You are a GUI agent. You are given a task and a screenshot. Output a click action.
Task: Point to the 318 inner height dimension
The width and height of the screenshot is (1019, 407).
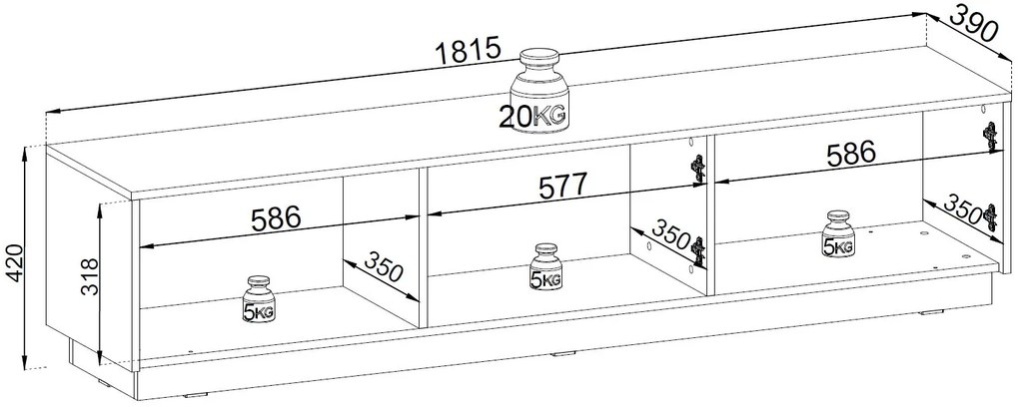click(90, 278)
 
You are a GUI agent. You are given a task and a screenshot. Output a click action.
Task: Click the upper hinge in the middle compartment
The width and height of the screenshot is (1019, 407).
click(697, 171)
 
